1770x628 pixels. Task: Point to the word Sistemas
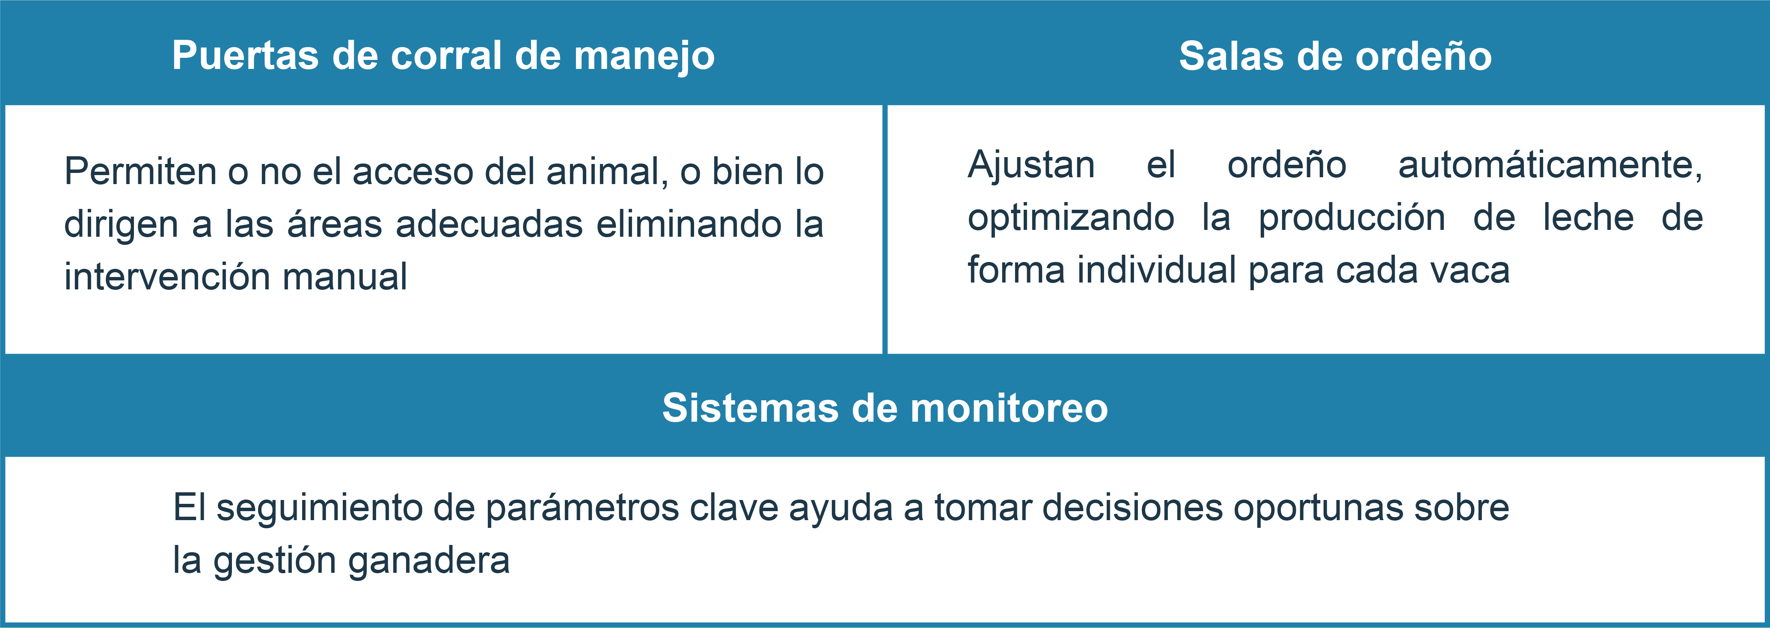[x=750, y=408]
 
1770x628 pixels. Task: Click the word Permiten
[x=140, y=171]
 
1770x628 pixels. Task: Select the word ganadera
[x=429, y=561]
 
